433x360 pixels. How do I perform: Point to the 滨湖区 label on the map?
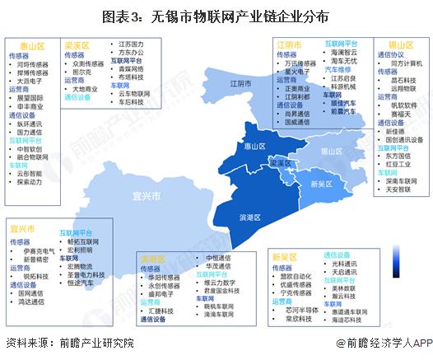249,217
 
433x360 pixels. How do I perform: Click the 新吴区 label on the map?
321,184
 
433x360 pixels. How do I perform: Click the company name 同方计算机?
406,63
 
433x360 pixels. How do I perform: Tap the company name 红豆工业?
401,163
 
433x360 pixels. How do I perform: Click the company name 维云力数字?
217,281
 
